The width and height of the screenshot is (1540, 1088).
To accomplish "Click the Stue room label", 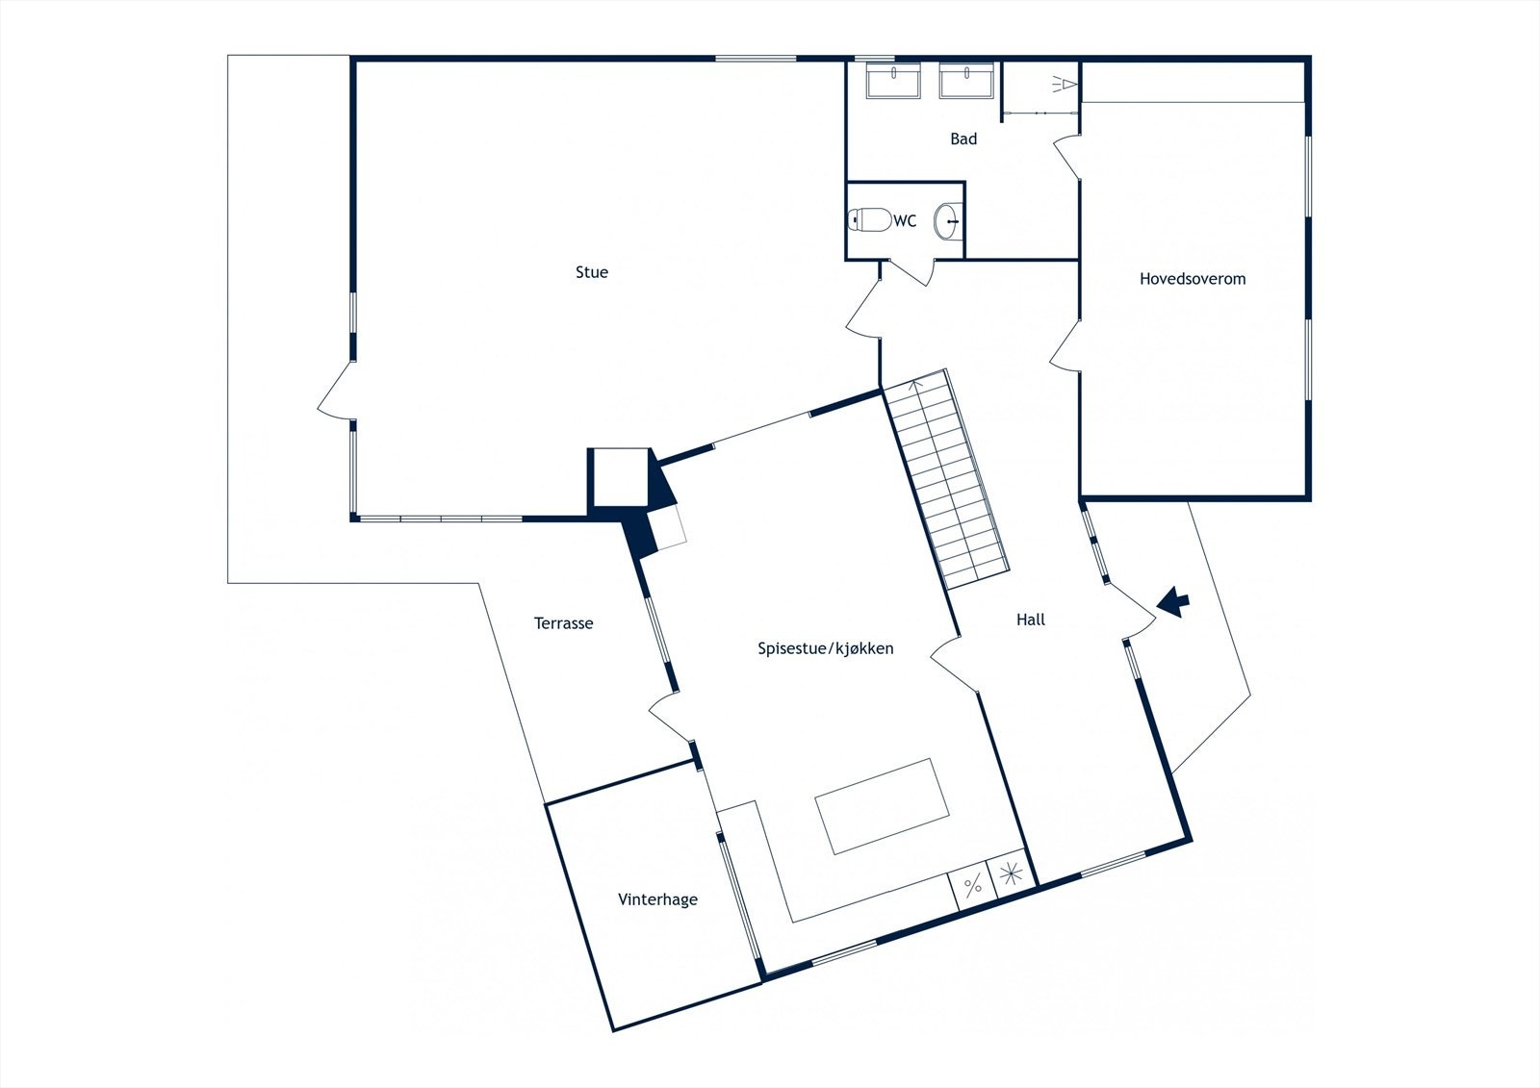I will (592, 272).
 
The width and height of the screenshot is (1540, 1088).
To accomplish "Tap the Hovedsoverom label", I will (1193, 279).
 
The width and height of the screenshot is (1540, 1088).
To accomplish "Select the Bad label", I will (963, 139).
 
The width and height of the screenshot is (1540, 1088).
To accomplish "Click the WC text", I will (905, 221).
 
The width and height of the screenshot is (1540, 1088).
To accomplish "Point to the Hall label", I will (1031, 620).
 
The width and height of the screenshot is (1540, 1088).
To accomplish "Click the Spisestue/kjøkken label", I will (826, 648).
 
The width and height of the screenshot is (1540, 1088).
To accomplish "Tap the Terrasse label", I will (564, 623).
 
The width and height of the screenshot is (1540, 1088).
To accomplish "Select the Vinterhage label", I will (657, 899).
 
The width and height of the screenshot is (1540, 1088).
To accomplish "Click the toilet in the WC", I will (870, 220).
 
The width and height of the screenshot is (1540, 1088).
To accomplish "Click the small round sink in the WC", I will (949, 220).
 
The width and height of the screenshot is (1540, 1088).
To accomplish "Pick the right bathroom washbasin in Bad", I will (967, 80).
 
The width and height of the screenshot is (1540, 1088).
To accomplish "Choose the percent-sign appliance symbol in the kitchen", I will (973, 885).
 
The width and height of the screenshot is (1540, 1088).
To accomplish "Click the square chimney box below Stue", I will (618, 476).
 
